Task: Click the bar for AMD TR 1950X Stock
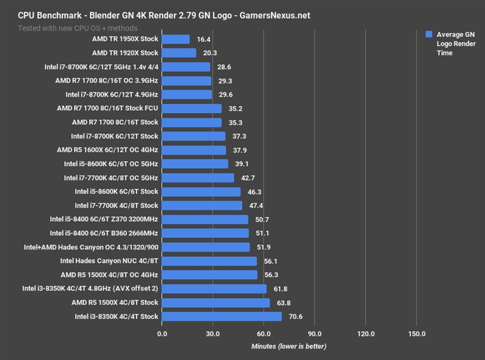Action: click(x=176, y=39)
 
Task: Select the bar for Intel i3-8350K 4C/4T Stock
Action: click(x=222, y=316)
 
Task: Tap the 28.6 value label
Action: click(x=226, y=67)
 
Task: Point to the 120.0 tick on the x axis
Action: click(x=366, y=333)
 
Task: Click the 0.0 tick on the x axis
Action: click(x=162, y=333)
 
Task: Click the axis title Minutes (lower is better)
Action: click(x=289, y=346)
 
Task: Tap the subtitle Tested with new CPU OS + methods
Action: click(x=76, y=28)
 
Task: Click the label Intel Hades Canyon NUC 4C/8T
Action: click(x=109, y=261)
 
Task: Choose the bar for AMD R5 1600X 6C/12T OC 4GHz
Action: click(x=194, y=150)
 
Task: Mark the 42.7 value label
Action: click(x=249, y=178)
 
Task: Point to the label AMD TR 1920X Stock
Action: click(x=125, y=53)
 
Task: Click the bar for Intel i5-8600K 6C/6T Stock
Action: click(x=201, y=192)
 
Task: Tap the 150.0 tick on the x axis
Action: click(x=417, y=333)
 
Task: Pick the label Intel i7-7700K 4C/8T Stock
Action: click(x=116, y=205)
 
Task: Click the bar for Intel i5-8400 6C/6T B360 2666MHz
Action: click(x=206, y=233)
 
